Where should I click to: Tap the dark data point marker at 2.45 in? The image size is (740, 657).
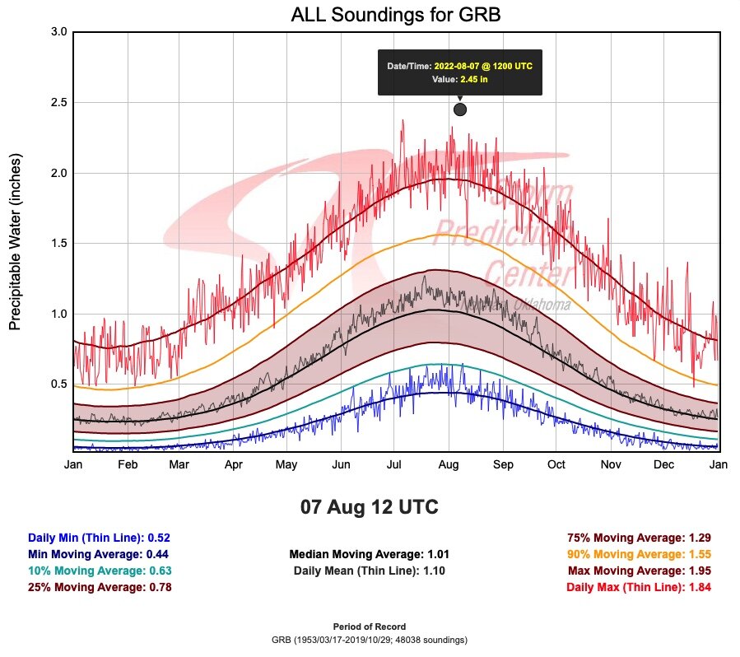[460, 109]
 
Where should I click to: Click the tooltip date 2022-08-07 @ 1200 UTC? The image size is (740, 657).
[483, 65]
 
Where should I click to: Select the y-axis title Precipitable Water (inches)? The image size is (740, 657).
[16, 241]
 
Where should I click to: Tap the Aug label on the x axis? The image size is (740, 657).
[448, 465]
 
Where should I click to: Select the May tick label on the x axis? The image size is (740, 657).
[286, 465]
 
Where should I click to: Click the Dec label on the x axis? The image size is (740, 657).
[664, 465]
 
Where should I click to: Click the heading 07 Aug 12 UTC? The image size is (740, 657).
[370, 507]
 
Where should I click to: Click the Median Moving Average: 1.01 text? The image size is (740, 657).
[370, 554]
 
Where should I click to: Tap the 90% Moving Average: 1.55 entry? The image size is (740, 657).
[639, 554]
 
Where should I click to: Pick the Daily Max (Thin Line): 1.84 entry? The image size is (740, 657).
[639, 587]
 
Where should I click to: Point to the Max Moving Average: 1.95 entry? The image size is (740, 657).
[639, 571]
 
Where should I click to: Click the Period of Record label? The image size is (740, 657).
[370, 627]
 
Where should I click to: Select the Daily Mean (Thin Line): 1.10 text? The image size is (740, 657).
[370, 571]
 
